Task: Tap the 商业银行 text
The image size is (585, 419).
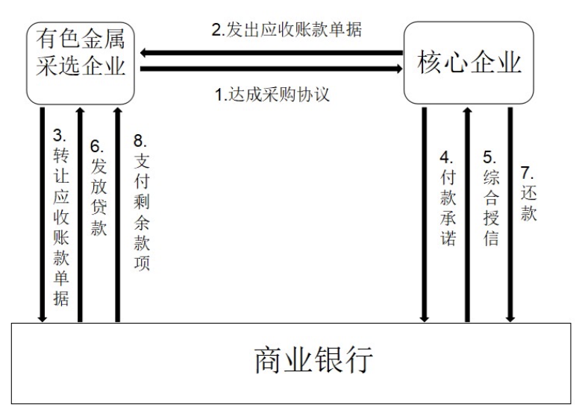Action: point(313,360)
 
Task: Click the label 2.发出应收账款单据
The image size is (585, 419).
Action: point(287,30)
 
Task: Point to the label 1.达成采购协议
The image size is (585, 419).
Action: point(272,94)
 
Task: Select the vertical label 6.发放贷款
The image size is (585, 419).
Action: point(98,188)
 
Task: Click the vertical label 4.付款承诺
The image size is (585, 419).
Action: point(448,198)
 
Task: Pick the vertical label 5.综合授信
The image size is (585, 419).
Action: point(491,198)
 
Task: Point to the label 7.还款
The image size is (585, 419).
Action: point(528,194)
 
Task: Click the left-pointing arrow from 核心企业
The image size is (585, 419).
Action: point(272,53)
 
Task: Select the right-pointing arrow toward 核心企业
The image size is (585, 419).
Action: point(272,69)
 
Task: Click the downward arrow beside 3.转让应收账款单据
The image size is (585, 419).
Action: point(42,215)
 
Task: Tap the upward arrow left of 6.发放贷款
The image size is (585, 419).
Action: point(79,215)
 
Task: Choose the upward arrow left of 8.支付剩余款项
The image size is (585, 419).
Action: point(118,215)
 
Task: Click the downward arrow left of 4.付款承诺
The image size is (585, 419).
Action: point(424,215)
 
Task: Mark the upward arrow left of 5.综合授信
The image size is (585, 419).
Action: point(467,215)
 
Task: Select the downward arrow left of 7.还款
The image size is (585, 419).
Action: point(510,215)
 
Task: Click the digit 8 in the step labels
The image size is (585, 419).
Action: point(138,140)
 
